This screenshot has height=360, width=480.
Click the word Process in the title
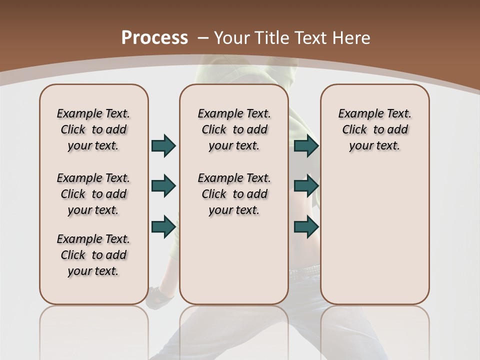tap(154, 38)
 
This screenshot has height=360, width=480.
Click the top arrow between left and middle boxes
tap(163, 145)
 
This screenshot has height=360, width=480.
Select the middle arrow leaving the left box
tap(163, 186)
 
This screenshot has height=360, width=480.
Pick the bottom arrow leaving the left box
tap(163, 226)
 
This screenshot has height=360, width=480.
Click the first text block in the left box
tap(93, 129)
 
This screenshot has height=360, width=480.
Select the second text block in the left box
tap(93, 194)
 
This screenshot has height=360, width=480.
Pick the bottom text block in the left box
tap(93, 255)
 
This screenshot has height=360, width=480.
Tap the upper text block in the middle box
tap(234, 129)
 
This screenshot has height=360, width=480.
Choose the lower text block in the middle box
tap(234, 194)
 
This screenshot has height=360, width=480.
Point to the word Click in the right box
tap(354, 129)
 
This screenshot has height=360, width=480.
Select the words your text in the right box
tap(374, 145)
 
